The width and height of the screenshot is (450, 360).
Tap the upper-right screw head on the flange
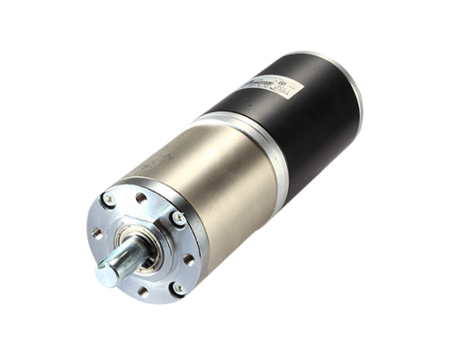(x=178, y=217)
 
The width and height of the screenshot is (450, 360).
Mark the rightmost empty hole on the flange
(x=188, y=259)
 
